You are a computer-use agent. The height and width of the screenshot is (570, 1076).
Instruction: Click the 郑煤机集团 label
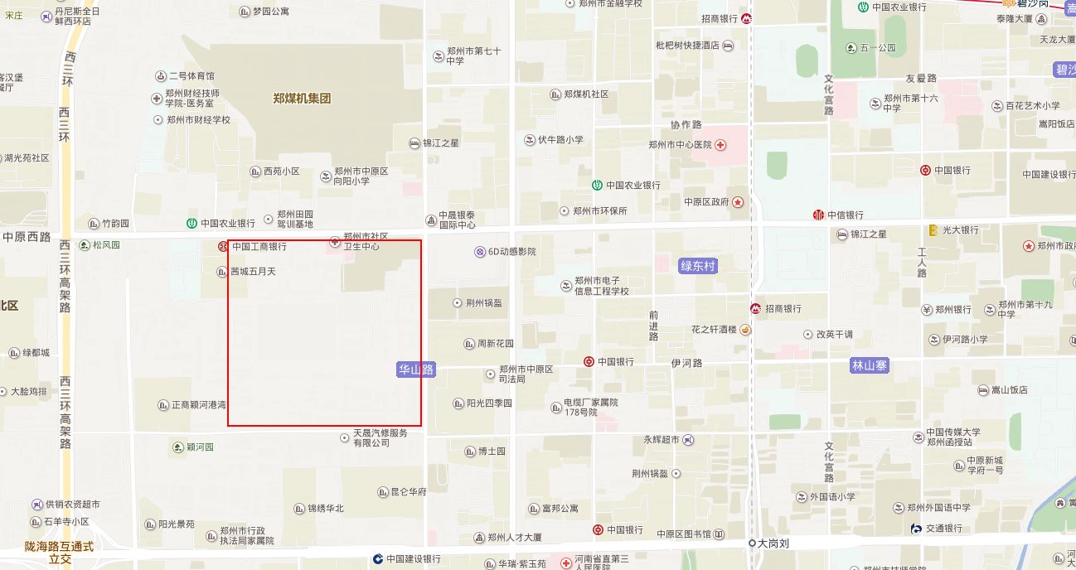point(302,99)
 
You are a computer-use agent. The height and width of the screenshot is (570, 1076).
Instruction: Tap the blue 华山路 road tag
point(416,370)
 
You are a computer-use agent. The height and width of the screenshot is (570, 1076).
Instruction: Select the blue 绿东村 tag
point(697,266)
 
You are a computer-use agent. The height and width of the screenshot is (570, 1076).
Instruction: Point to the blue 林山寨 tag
point(870,365)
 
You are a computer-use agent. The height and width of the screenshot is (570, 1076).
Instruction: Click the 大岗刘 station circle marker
point(752,543)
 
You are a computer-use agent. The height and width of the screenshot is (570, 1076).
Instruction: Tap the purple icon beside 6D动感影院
point(479,252)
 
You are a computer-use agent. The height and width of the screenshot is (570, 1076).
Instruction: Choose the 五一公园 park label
point(878,48)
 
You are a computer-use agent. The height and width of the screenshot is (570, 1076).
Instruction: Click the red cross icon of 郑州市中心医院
point(721,145)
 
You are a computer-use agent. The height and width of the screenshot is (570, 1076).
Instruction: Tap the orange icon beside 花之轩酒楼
point(745,330)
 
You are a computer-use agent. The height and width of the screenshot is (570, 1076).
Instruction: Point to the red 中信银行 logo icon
point(819,215)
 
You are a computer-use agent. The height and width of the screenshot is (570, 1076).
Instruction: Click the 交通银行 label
point(944,529)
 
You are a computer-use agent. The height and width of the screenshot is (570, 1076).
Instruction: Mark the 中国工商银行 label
point(259,247)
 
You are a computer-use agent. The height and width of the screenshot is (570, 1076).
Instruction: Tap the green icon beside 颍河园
point(178,447)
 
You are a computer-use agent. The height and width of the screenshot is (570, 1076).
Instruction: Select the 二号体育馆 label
point(191,76)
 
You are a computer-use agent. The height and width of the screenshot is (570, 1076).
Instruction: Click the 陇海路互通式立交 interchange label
point(60,553)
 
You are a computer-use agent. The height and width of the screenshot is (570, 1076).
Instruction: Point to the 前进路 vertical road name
point(654,326)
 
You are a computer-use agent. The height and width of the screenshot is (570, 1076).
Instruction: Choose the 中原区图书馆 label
point(684,534)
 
